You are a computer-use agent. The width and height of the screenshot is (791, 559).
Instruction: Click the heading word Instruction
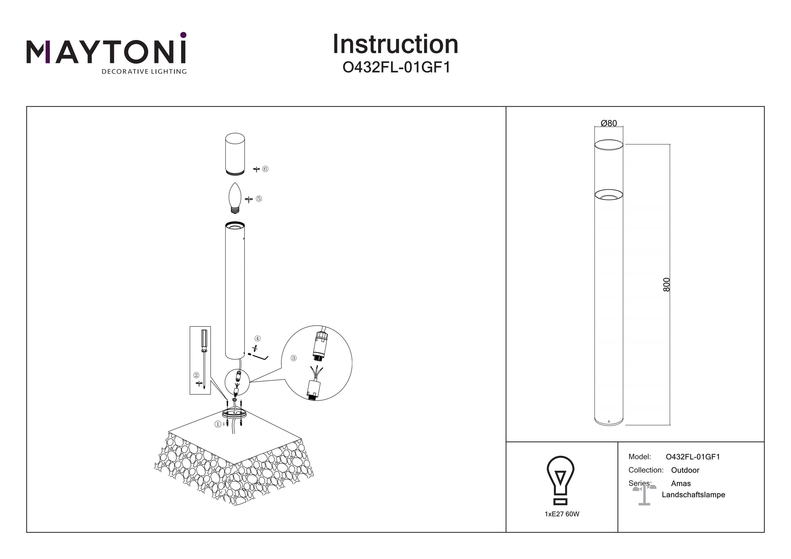click(x=395, y=45)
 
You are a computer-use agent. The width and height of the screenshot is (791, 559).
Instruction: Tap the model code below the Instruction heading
click(x=396, y=67)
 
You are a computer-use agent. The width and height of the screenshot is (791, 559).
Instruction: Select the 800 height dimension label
click(x=666, y=284)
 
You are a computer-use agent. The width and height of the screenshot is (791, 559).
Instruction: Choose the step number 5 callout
click(x=259, y=198)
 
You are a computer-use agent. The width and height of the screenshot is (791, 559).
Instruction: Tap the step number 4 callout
click(x=257, y=339)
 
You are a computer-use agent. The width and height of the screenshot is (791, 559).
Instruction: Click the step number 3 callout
click(x=293, y=358)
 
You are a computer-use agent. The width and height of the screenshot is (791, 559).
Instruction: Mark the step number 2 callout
click(x=196, y=375)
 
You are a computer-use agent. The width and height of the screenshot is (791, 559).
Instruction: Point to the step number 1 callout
click(x=218, y=424)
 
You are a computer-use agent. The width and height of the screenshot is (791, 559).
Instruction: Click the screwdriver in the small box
click(x=204, y=358)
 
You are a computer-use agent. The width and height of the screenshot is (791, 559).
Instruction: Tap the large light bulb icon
click(x=561, y=480)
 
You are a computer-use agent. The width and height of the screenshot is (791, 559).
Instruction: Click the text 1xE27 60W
click(x=562, y=514)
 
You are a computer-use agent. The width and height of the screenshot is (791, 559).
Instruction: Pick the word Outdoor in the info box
click(x=685, y=470)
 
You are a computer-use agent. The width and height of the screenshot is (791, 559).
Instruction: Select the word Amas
click(x=681, y=484)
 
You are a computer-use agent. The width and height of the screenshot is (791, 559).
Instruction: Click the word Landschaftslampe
click(x=693, y=495)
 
